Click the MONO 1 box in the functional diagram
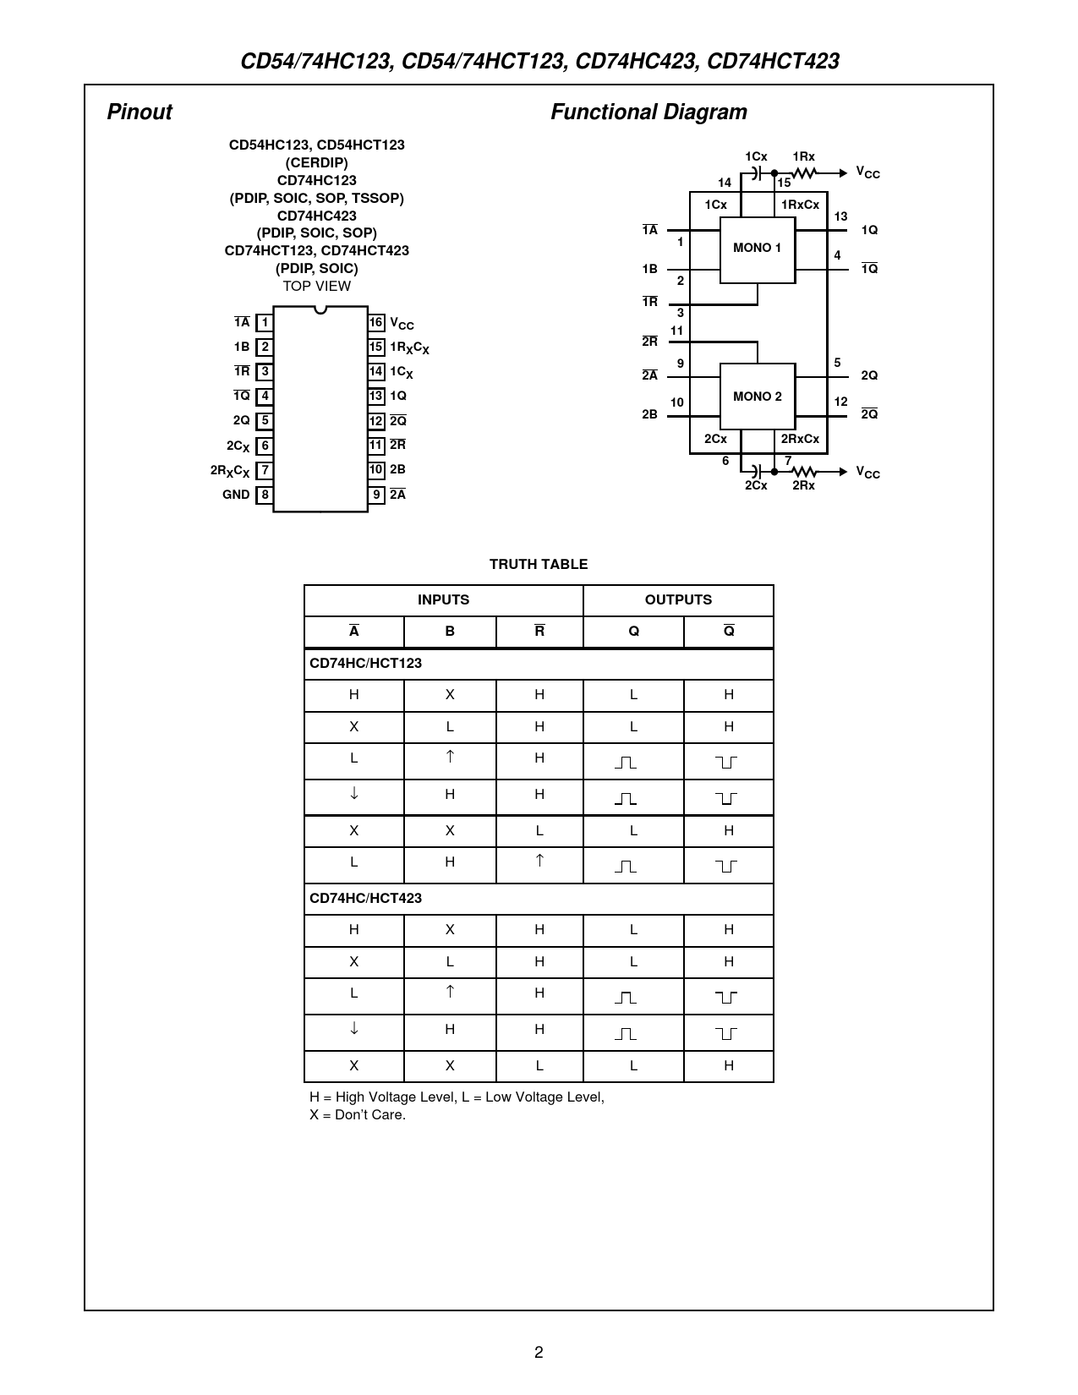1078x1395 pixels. pyautogui.click(x=757, y=249)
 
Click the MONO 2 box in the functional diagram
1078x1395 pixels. pyautogui.click(x=757, y=397)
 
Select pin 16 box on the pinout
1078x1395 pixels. pyautogui.click(x=376, y=322)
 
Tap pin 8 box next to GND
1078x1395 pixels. pyautogui.click(x=265, y=495)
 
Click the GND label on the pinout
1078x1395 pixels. pyautogui.click(x=236, y=495)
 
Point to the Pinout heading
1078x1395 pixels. pyautogui.click(x=140, y=112)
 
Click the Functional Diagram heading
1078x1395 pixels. pyautogui.click(x=648, y=112)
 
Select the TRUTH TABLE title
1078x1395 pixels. pyautogui.click(x=539, y=564)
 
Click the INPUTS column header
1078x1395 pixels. pyautogui.click(x=443, y=599)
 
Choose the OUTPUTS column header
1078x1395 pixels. pyautogui.click(x=678, y=599)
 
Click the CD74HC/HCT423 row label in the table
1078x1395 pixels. pyautogui.click(x=366, y=898)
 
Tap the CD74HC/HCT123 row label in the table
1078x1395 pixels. pyautogui.click(x=366, y=663)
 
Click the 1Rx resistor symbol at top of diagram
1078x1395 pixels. pyautogui.click(x=804, y=173)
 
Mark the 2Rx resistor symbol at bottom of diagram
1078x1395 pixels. pyautogui.click(x=804, y=472)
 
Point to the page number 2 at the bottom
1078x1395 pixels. pyautogui.click(x=539, y=1352)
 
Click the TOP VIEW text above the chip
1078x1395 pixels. pyautogui.click(x=317, y=286)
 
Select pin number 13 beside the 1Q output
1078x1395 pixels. pyautogui.click(x=840, y=217)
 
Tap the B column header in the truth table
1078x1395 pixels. pyautogui.click(x=450, y=632)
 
